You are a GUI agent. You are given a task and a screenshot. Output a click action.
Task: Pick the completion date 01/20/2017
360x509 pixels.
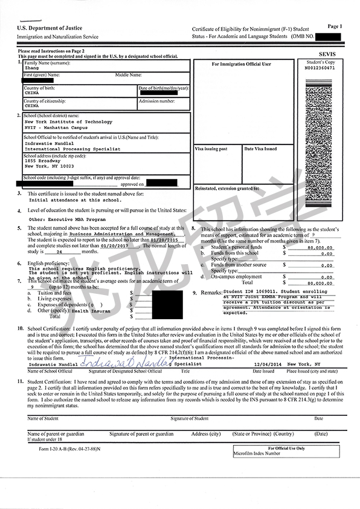tap(115, 245)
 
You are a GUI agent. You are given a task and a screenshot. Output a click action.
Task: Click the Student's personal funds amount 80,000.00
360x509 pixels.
tap(320, 248)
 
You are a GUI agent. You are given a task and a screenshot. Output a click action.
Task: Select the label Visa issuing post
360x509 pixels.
tap(211, 149)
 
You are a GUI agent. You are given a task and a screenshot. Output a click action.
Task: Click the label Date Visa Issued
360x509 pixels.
tap(261, 149)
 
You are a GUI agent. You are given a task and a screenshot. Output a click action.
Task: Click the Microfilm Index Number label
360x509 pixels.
tap(257, 453)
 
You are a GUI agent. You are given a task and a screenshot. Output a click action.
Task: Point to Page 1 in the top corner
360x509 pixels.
tap(335, 27)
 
